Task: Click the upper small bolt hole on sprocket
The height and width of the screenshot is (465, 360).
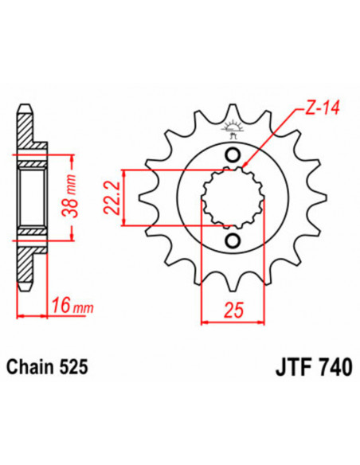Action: (x=233, y=154)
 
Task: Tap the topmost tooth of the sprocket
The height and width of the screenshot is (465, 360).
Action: (x=233, y=110)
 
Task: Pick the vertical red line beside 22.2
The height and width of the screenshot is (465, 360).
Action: (x=123, y=197)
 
